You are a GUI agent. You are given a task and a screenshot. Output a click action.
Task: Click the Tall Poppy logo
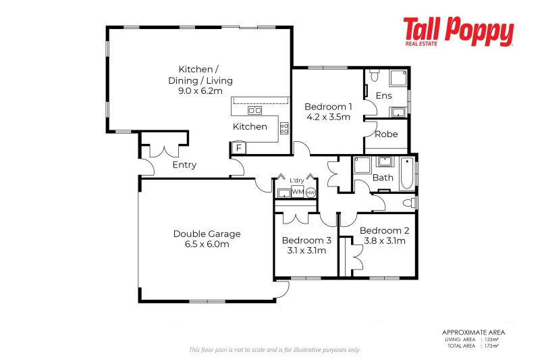(458, 32)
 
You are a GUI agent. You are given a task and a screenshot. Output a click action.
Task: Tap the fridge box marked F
(238, 147)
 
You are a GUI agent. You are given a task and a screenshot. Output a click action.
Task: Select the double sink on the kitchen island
(255, 110)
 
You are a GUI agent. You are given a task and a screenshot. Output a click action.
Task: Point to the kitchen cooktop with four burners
(284, 127)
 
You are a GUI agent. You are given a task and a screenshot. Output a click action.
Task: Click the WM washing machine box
(297, 192)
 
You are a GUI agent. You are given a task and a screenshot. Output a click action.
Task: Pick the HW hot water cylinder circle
(310, 192)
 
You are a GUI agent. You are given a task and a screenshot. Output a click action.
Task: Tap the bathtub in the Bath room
(405, 174)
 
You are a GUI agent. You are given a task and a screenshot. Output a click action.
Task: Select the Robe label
(385, 134)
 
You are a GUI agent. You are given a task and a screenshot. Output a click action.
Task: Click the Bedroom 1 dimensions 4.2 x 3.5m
(327, 117)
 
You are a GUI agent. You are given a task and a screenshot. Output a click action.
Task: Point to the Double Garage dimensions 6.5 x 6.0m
(207, 245)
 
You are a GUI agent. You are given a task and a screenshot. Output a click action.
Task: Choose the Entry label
(184, 165)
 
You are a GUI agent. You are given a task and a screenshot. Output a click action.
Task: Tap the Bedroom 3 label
(306, 240)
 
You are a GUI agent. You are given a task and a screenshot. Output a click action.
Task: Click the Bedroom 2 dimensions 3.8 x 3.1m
(384, 240)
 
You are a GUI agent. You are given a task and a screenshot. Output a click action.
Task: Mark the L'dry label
(297, 180)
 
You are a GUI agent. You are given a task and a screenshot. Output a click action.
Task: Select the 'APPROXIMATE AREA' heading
(473, 332)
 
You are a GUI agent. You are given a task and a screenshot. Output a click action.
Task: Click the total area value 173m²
(491, 346)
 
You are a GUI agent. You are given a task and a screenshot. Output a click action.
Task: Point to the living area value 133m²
(491, 340)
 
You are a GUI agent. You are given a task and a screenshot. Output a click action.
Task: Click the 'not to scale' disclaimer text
(274, 350)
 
